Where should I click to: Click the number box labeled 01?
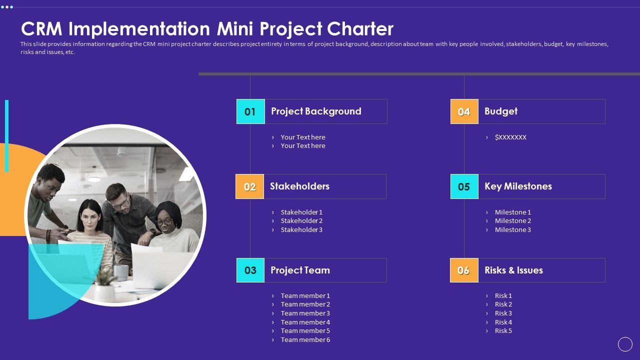(x=250, y=111)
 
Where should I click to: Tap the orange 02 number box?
(x=249, y=186)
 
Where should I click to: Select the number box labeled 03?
(x=250, y=270)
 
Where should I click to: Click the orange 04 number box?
(x=464, y=111)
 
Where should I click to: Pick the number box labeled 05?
(x=464, y=186)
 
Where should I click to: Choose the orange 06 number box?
(x=463, y=270)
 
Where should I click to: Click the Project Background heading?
(x=316, y=111)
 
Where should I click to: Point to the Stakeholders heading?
(x=299, y=186)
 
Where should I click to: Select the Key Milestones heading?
(x=518, y=186)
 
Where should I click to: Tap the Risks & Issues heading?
(x=513, y=270)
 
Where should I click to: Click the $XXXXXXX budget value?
(x=510, y=137)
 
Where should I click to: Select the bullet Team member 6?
(x=305, y=340)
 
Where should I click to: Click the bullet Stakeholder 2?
(x=301, y=221)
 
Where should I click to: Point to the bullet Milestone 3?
(x=512, y=230)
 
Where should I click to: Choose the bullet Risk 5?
(x=503, y=331)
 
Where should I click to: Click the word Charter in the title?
(x=360, y=29)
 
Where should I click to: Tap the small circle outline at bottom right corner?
(x=625, y=344)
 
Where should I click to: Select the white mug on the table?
(x=120, y=272)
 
